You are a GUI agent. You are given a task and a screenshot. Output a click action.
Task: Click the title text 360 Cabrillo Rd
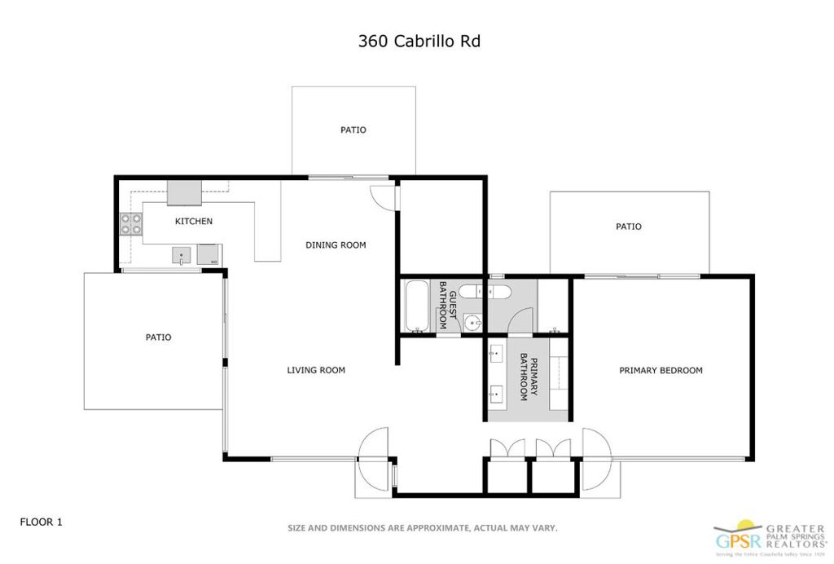(419, 41)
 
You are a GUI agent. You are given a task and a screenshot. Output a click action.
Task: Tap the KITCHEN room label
(194, 221)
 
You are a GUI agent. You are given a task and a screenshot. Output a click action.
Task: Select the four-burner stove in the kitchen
(130, 224)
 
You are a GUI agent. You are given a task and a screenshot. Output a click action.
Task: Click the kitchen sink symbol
(181, 256)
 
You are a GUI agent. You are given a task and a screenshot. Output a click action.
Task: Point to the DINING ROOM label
(336, 245)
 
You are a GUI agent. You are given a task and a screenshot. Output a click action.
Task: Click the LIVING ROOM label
(316, 370)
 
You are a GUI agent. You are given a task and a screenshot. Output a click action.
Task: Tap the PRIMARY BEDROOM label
(661, 370)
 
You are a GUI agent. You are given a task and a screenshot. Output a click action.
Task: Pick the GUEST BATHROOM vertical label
(444, 306)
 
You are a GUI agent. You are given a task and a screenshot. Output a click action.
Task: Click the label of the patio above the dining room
(353, 130)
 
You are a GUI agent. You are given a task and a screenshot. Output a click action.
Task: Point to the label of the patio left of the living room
(159, 337)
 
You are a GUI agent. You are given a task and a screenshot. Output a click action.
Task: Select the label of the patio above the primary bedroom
(628, 227)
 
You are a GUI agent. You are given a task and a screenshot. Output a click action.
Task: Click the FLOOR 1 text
(41, 522)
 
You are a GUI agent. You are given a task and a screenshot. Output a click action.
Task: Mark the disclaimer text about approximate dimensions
(422, 528)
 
